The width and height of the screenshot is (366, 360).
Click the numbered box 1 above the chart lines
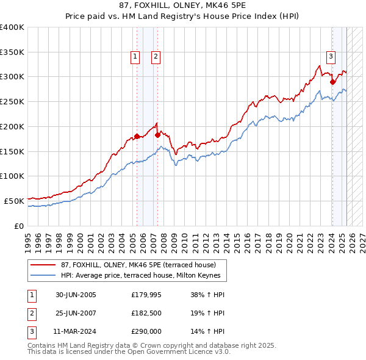134,57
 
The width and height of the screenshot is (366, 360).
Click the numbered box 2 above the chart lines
156,57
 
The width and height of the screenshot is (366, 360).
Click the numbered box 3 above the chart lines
331,57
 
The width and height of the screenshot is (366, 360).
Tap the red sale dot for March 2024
332,82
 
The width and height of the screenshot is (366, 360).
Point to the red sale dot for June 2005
137,136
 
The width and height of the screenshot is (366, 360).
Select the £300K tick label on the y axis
12,77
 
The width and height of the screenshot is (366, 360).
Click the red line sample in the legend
43,265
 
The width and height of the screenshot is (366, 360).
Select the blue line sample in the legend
43,276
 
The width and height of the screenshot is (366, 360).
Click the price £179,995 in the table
145,295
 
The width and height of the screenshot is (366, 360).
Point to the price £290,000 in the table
145,331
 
